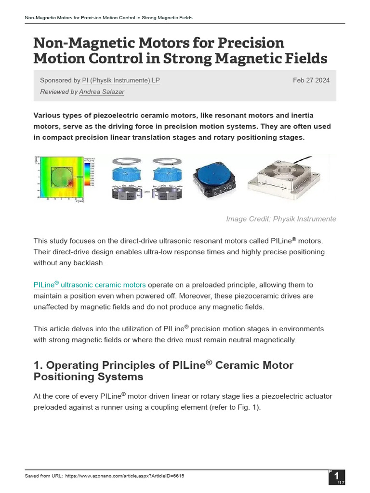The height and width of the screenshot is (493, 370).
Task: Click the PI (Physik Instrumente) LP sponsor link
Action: (x=121, y=80)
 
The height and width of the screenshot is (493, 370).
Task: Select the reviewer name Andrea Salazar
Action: (x=102, y=92)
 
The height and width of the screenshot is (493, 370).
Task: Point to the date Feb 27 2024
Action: (x=311, y=80)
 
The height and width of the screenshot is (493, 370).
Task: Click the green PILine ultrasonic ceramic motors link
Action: (x=89, y=285)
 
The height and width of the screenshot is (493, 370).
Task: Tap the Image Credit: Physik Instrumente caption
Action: (x=281, y=219)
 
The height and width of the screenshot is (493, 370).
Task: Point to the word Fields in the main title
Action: (x=304, y=59)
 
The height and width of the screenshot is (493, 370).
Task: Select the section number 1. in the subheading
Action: (x=38, y=365)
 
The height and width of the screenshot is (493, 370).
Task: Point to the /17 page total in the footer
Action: (x=340, y=482)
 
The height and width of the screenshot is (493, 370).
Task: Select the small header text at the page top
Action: (x=108, y=18)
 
